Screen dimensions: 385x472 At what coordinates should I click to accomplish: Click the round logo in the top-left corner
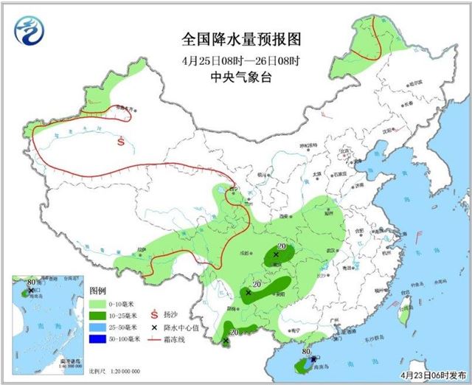tap(29, 31)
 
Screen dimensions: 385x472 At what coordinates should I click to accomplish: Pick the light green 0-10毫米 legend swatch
tap(97, 303)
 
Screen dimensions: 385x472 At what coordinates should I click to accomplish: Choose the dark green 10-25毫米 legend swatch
tap(97, 314)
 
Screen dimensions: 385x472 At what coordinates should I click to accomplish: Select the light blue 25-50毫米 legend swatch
tap(97, 326)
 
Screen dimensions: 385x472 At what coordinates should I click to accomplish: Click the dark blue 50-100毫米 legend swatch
tap(97, 338)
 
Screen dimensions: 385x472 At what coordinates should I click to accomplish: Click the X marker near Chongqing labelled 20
tap(276, 255)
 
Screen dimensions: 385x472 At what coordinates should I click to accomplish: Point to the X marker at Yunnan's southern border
tap(225, 341)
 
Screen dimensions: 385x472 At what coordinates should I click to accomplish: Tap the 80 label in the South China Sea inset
tap(31, 282)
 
